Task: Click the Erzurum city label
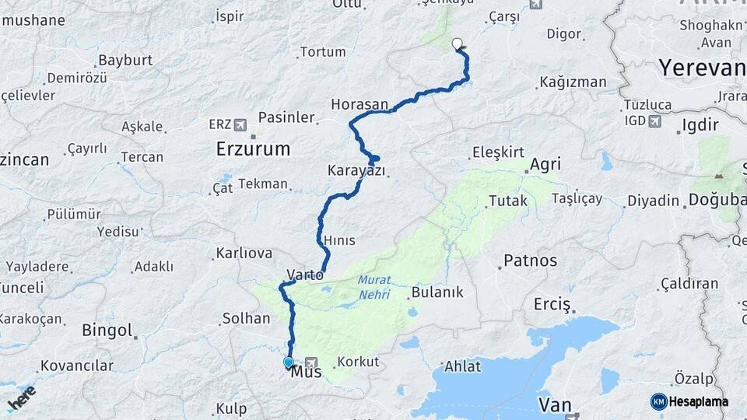[x=253, y=149]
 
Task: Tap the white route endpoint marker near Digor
[x=457, y=44]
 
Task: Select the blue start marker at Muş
[x=289, y=362]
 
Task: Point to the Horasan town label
[x=359, y=103]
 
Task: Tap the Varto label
[x=305, y=274]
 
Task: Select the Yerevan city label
[x=702, y=68]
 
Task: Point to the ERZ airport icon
[x=239, y=124]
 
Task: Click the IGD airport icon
[x=654, y=121]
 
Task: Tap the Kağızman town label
[x=573, y=82]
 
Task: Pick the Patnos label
[x=530, y=261]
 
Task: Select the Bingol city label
[x=107, y=331]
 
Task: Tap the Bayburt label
[x=125, y=60]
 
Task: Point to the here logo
[x=21, y=397]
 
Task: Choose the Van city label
[x=554, y=405]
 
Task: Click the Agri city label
[x=545, y=164]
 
